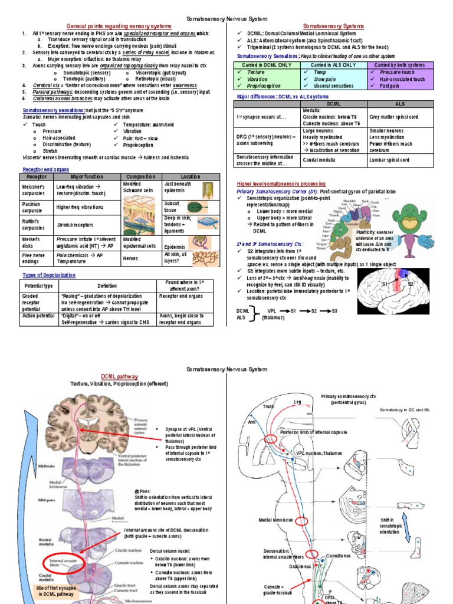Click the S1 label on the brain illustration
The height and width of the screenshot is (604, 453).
click(385, 284)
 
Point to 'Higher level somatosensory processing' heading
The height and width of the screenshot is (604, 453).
click(281, 183)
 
